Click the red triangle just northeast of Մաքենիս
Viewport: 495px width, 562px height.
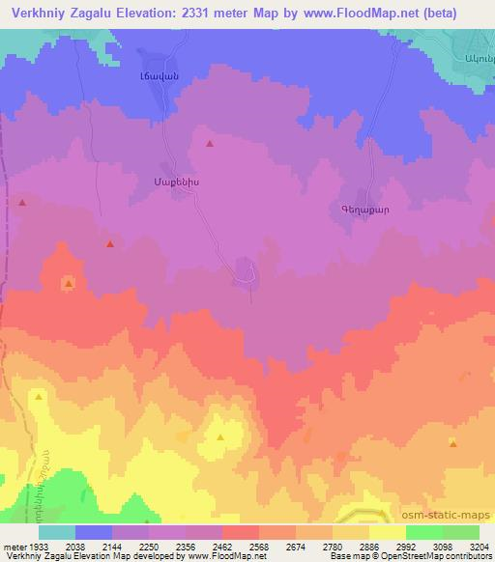point(210,145)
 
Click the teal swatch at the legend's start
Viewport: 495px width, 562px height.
point(57,532)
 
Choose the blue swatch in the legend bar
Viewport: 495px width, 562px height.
point(94,532)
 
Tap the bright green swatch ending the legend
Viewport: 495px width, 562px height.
point(461,532)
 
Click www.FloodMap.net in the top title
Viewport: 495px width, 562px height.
point(381,12)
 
